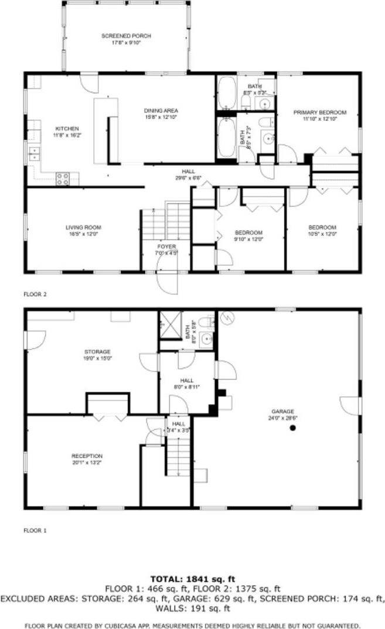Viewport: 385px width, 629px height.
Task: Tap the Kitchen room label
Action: tap(67, 128)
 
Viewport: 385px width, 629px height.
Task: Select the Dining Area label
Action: tap(161, 111)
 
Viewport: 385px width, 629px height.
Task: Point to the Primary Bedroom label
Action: tap(320, 112)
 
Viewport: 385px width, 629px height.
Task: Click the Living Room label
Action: tap(83, 227)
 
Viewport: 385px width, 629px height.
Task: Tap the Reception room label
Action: tap(87, 456)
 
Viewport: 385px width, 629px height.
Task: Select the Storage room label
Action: tap(97, 351)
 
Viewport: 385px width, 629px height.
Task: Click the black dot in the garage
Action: tap(292, 429)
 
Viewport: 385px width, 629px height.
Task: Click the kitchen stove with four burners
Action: tap(63, 178)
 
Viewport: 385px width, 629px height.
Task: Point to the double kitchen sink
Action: tap(34, 154)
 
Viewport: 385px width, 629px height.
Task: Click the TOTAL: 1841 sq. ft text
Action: tap(192, 579)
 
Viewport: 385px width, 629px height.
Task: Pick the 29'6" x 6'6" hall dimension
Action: tap(184, 178)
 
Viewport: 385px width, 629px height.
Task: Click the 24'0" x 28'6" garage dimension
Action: tap(282, 418)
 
